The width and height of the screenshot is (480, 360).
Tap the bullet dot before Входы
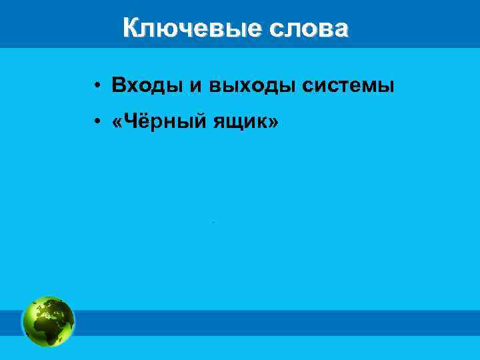click(97, 86)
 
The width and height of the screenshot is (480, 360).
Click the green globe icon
click(49, 321)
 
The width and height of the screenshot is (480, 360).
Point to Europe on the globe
click(48, 307)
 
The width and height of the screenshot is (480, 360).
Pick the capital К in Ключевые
click(131, 29)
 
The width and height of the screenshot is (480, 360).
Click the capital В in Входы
click(118, 86)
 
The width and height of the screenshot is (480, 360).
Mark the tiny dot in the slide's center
click(213, 221)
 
